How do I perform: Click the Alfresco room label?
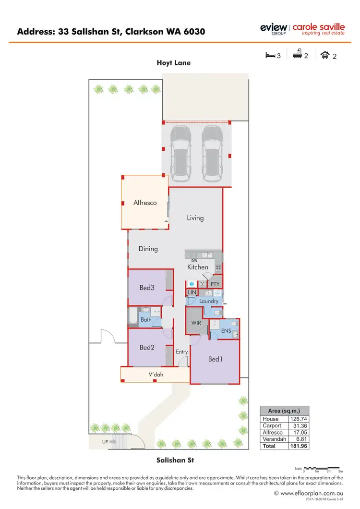point(145,203)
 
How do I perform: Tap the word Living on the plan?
point(195,218)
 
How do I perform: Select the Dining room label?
point(148,249)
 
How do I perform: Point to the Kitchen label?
point(198,267)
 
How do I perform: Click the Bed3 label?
point(147,288)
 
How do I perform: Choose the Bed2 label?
point(147,348)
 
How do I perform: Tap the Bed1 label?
point(216,359)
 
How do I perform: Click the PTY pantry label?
point(215,284)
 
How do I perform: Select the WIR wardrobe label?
point(196,323)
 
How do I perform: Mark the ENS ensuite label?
point(227,331)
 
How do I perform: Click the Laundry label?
point(209,301)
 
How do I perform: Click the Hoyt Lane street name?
point(173,63)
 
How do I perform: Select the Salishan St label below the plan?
point(175,460)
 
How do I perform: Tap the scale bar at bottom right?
point(322,468)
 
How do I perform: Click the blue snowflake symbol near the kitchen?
point(191,284)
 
